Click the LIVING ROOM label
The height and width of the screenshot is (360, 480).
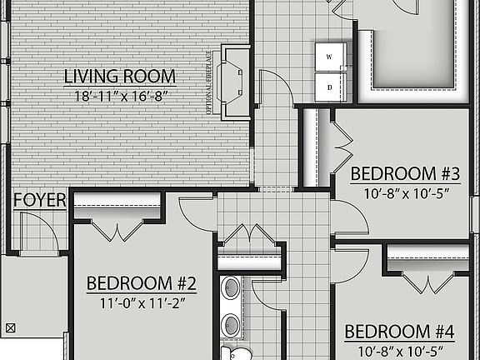pyautogui.click(x=116, y=77)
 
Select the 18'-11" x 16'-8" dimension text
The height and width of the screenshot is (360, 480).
pyautogui.click(x=116, y=96)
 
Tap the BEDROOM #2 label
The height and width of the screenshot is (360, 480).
pyautogui.click(x=141, y=283)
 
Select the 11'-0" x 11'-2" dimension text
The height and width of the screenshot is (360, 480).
pyautogui.click(x=141, y=302)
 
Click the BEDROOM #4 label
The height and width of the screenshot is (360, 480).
pyautogui.click(x=399, y=332)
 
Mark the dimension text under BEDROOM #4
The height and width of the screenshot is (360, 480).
pyautogui.click(x=399, y=350)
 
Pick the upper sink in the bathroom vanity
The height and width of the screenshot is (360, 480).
pyautogui.click(x=230, y=289)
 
